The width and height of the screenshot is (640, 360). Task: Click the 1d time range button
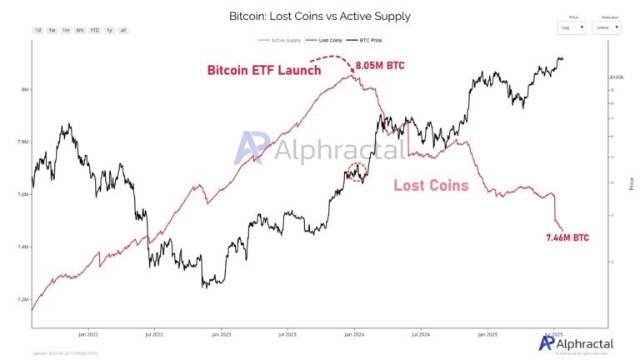37,30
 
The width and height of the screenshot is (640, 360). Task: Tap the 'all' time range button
123,30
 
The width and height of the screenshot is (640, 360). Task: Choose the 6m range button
79,30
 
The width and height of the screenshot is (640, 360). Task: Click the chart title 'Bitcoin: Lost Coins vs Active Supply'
319,16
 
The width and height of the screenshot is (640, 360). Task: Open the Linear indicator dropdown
606,27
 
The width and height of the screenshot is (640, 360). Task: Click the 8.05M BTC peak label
381,64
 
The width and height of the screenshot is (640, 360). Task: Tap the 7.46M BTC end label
567,237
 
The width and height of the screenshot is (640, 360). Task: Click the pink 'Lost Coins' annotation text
430,185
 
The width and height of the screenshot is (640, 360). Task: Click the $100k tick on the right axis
617,77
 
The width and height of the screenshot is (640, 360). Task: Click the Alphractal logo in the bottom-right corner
576,343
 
